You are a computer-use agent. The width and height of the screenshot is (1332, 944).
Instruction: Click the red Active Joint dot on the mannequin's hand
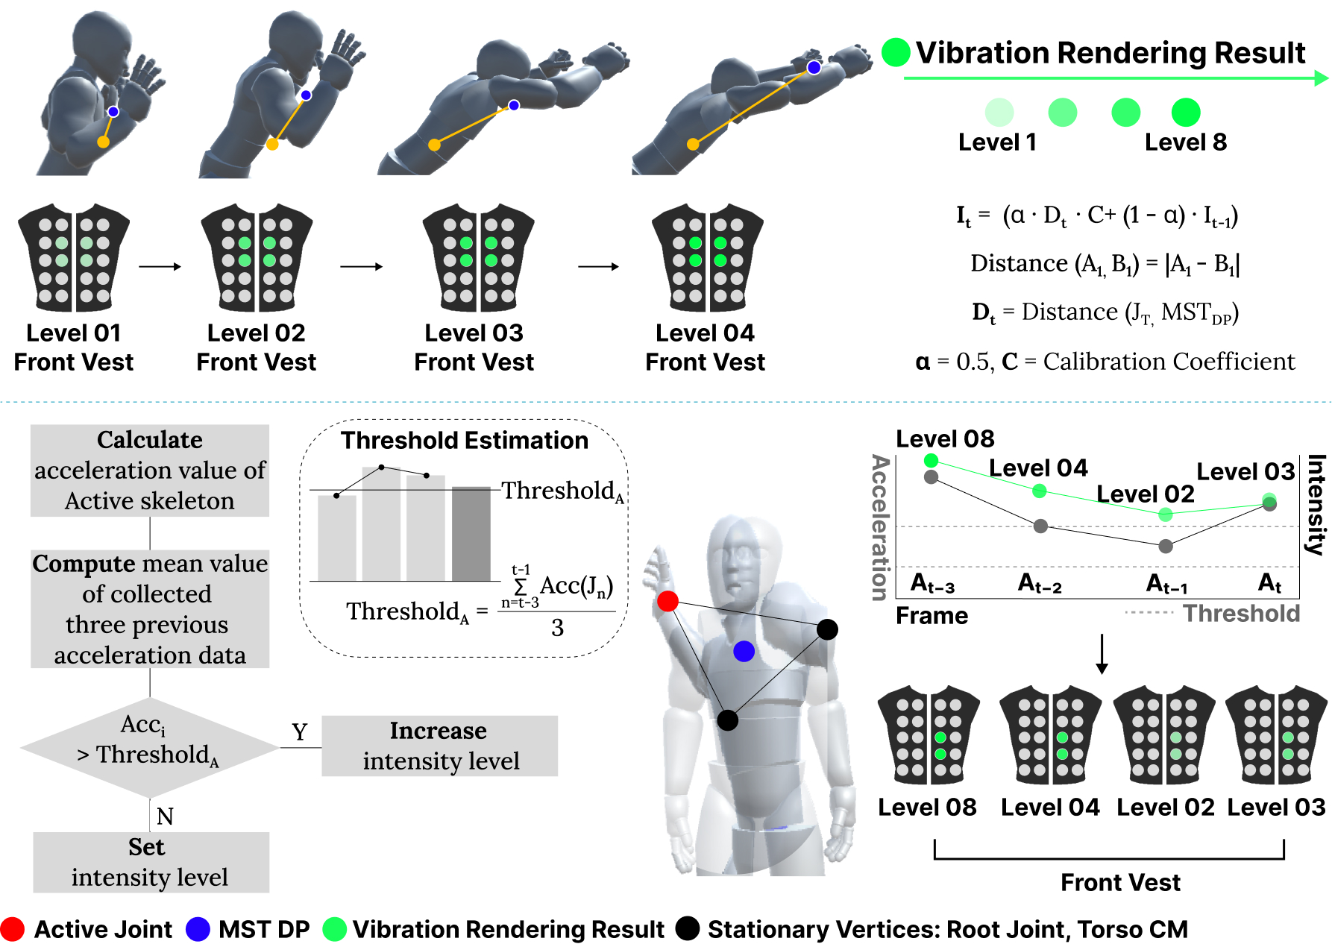tap(667, 601)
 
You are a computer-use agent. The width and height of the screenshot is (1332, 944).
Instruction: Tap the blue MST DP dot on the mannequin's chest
tap(744, 651)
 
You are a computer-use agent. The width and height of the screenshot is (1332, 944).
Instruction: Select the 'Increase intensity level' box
tap(439, 746)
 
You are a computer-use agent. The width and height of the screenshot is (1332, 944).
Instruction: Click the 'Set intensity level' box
tap(151, 862)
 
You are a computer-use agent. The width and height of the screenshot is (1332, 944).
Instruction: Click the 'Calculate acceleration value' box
tap(150, 471)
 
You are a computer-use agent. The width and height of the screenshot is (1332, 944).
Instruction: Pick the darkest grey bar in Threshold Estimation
tap(471, 534)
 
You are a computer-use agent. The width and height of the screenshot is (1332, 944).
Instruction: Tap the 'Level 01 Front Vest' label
tap(74, 347)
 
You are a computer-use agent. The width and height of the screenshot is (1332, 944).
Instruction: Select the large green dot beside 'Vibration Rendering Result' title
tap(896, 52)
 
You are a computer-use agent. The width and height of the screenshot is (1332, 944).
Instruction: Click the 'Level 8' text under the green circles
tap(1185, 142)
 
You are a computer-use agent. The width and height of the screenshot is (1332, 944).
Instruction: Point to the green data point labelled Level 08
tap(931, 461)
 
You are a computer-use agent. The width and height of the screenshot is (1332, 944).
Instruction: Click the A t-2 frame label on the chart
tap(1040, 583)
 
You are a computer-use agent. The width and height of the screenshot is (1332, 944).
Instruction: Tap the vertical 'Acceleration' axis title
tap(881, 527)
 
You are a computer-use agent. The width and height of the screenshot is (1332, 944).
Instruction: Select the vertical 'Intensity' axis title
tap(1316, 505)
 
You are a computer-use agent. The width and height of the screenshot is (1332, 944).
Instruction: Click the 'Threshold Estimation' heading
tap(465, 441)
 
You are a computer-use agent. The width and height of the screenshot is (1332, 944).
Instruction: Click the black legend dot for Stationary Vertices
tap(687, 928)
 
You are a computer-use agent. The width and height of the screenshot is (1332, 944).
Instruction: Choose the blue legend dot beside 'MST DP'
tap(198, 929)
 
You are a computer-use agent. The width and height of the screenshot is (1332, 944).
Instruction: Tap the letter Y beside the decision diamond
tap(300, 732)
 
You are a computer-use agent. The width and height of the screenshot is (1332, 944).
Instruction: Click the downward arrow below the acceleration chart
tap(1102, 654)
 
